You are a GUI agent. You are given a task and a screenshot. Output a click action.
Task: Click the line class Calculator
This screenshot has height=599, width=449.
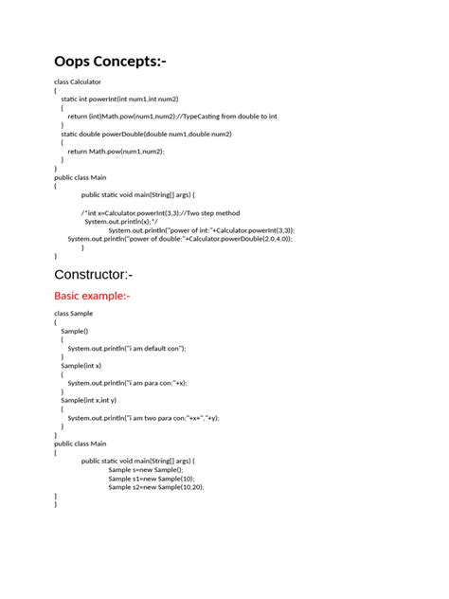[78, 82]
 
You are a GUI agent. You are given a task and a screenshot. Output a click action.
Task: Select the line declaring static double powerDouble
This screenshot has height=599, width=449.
[146, 134]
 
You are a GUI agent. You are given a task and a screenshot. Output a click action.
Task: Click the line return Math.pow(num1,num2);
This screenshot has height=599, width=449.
[116, 151]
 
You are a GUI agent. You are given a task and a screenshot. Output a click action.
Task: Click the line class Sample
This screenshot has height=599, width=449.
[73, 313]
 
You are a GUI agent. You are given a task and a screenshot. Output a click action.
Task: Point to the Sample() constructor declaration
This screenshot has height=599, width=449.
[74, 330]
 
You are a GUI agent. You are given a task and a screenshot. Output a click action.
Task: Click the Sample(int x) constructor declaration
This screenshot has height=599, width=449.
[81, 365]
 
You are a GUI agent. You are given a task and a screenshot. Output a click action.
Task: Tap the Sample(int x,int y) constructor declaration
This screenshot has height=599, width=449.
[93, 400]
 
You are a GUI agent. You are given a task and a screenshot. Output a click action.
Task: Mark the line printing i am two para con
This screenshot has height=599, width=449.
[143, 417]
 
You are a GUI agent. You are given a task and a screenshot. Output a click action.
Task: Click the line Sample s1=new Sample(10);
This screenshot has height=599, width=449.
[152, 479]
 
